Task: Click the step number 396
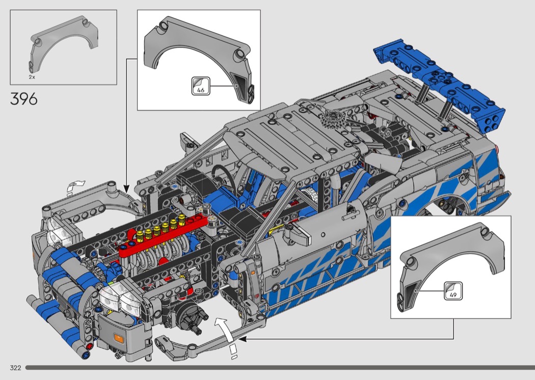pyautogui.click(x=23, y=99)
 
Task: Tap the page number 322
pyautogui.click(x=15, y=368)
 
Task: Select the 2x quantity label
pyautogui.click(x=32, y=77)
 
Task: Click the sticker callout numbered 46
pyautogui.click(x=201, y=86)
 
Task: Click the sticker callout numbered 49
pyautogui.click(x=453, y=291)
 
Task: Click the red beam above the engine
pyautogui.click(x=164, y=236)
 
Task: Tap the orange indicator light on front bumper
pyautogui.click(x=118, y=338)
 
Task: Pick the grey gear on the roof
pyautogui.click(x=333, y=119)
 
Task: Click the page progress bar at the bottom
pyautogui.click(x=280, y=368)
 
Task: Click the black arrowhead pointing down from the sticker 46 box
pyautogui.click(x=126, y=188)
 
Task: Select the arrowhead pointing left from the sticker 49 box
pyautogui.click(x=243, y=339)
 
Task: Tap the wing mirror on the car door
pyautogui.click(x=297, y=236)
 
